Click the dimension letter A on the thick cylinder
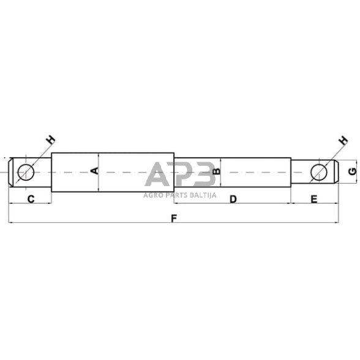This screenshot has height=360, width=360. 94,170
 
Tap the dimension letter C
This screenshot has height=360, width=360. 30,198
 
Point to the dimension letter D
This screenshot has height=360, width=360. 233,198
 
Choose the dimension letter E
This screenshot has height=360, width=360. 314,198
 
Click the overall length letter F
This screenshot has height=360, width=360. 174,217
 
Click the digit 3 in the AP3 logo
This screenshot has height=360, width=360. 203,174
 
